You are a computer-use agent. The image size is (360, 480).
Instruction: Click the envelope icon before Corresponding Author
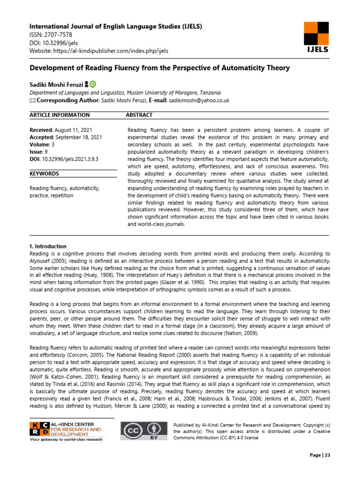[32, 101]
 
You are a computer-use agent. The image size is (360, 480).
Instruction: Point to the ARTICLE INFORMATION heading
[60, 115]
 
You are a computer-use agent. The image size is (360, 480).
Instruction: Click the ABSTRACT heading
[139, 115]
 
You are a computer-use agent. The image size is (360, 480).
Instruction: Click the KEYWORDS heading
[44, 173]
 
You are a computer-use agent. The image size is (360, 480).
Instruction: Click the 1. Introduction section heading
[48, 247]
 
